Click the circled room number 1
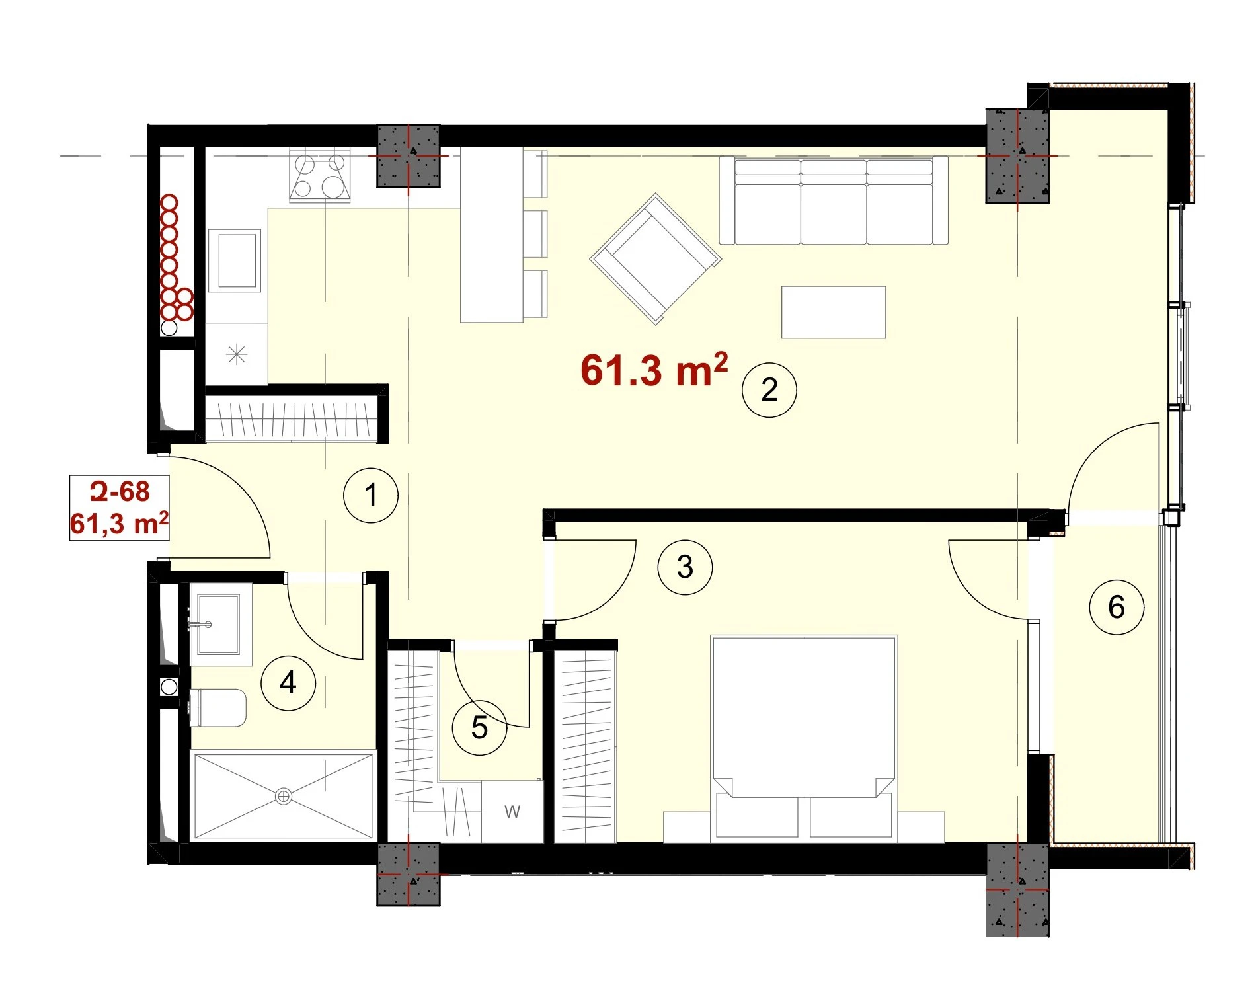tap(371, 495)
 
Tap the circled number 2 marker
tap(769, 390)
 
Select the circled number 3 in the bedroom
tap(686, 567)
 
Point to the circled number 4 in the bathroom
tap(288, 683)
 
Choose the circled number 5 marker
tap(479, 728)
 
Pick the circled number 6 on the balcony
tap(1117, 607)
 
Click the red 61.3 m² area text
tap(654, 370)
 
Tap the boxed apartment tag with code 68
tap(120, 508)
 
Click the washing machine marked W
tap(512, 811)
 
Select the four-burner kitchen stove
tap(320, 175)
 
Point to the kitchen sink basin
tap(235, 260)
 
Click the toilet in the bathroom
tap(218, 707)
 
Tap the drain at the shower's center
tap(284, 797)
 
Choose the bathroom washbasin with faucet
tap(217, 623)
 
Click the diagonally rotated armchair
tap(656, 258)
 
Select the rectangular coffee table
tap(834, 312)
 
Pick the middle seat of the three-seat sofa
tap(834, 202)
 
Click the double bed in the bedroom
tap(804, 738)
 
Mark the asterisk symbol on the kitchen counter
tap(237, 355)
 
